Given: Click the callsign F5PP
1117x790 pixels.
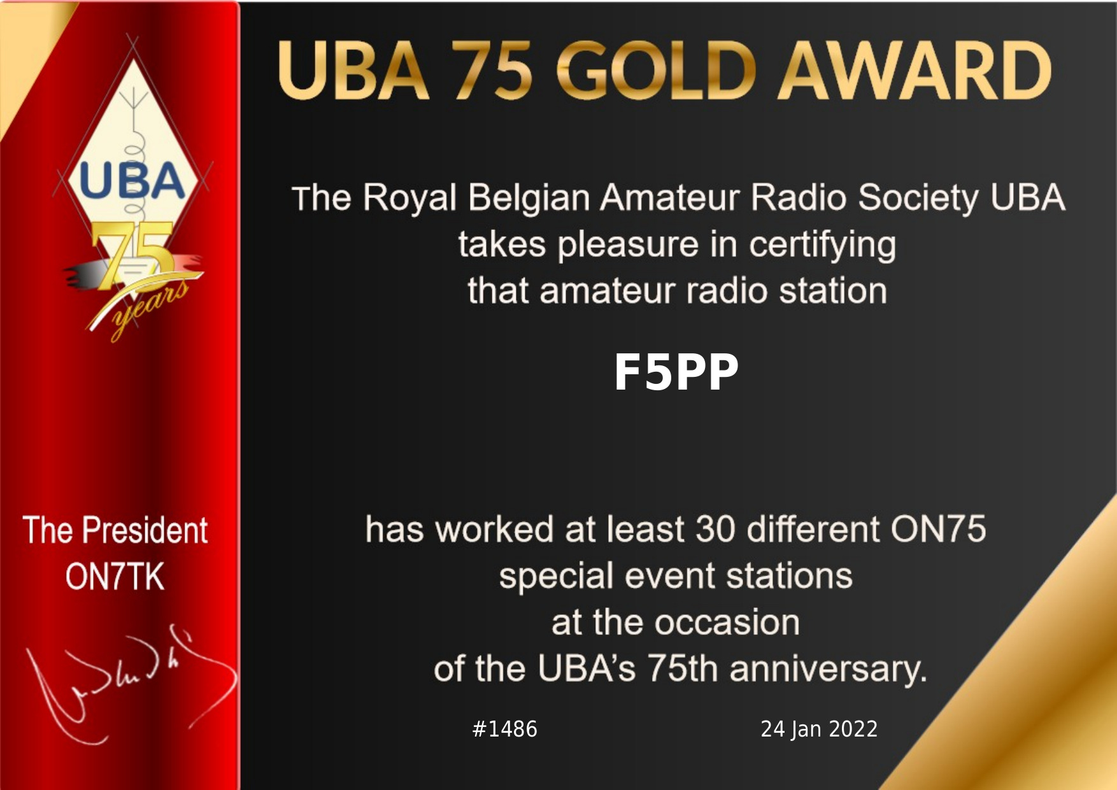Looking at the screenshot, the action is click(x=676, y=372).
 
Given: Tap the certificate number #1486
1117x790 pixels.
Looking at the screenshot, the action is click(x=504, y=729).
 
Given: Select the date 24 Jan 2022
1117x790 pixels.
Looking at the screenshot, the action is click(x=819, y=729).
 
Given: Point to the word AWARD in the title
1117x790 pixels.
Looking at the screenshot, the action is click(x=914, y=70).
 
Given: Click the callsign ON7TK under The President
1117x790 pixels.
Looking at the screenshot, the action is click(x=115, y=577).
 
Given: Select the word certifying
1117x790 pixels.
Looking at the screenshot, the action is click(x=822, y=246).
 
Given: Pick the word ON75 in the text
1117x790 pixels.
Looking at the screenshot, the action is click(x=938, y=529).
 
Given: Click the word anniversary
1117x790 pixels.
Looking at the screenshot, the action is click(x=828, y=670).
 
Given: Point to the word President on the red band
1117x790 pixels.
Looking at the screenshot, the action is click(x=145, y=530).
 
